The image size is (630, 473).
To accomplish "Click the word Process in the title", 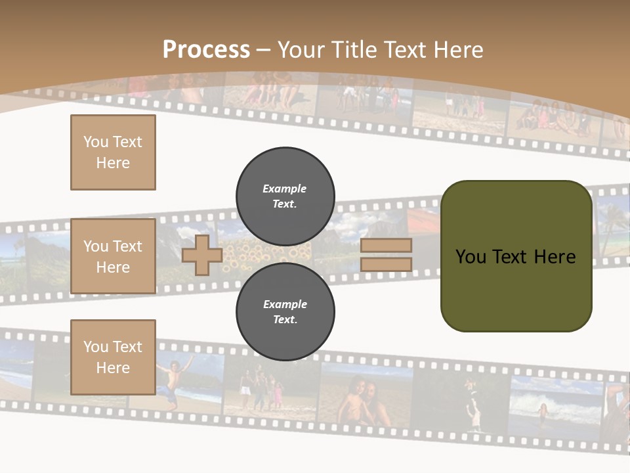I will click(206, 50).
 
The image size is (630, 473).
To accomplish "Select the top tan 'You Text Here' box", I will click(113, 152).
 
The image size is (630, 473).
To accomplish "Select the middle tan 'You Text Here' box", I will click(113, 256).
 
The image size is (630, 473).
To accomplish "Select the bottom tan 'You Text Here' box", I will click(113, 357).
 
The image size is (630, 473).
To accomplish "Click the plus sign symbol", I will click(202, 256).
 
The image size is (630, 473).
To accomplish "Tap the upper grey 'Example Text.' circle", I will click(285, 196).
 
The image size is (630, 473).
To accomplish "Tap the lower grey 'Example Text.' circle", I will click(285, 311).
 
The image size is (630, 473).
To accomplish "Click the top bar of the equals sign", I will click(386, 246).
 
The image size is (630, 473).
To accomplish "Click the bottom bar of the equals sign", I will click(386, 265).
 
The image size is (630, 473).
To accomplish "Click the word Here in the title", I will click(455, 50).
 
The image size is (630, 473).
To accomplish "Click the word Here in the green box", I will click(555, 257).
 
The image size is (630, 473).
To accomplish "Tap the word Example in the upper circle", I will click(284, 189).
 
